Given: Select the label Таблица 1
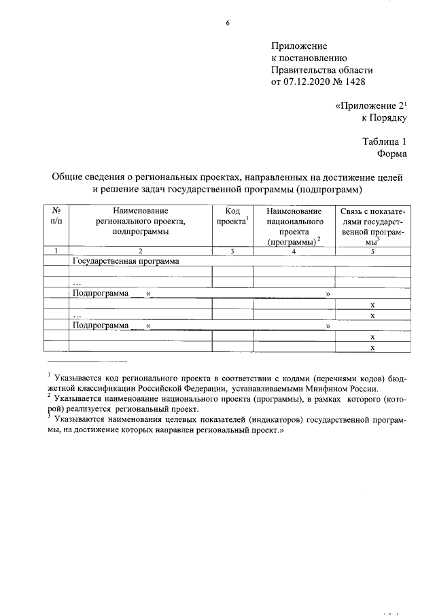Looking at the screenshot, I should point(384,142).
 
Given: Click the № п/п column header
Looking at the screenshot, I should point(56,216).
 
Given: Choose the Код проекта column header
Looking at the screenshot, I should point(232,216).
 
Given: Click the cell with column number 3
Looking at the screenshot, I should point(232,251).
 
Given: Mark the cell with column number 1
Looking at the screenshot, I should point(56,251).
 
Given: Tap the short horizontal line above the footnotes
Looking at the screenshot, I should point(87,361).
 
